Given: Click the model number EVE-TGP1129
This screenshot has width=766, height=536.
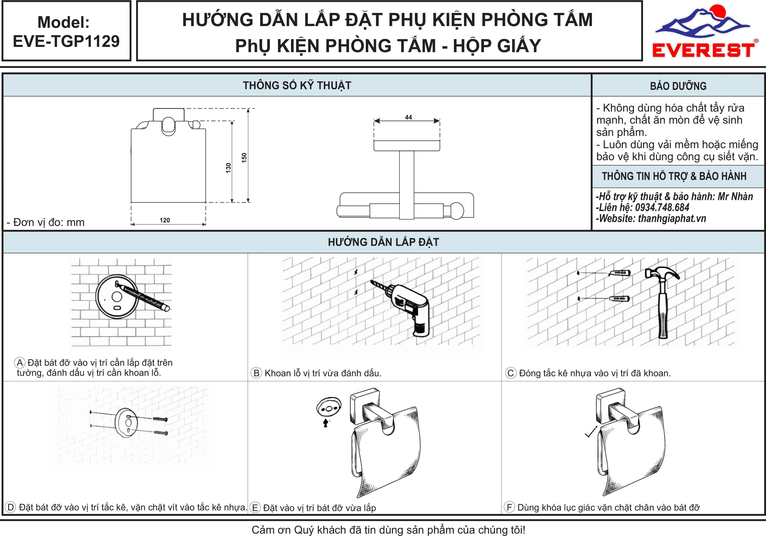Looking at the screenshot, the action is tap(66, 41).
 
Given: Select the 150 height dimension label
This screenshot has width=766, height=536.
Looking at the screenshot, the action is tap(244, 158).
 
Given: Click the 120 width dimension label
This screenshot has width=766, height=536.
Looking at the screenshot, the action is tap(165, 220).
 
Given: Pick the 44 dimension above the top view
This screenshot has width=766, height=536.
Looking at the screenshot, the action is tap(408, 117).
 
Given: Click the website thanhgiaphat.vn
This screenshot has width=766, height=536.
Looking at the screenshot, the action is tap(672, 218).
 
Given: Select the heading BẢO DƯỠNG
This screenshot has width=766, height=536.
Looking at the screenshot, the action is tap(678, 86).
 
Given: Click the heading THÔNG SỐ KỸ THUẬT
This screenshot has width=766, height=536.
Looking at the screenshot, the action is tap(297, 85).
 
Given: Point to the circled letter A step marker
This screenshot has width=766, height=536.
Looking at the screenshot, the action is tap(20, 363).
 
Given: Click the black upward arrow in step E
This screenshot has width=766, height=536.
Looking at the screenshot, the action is tap(326, 423).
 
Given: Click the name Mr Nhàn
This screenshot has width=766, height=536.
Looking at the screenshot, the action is tap(735, 197).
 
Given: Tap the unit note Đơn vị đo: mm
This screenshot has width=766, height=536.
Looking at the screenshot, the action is tap(46, 222).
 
